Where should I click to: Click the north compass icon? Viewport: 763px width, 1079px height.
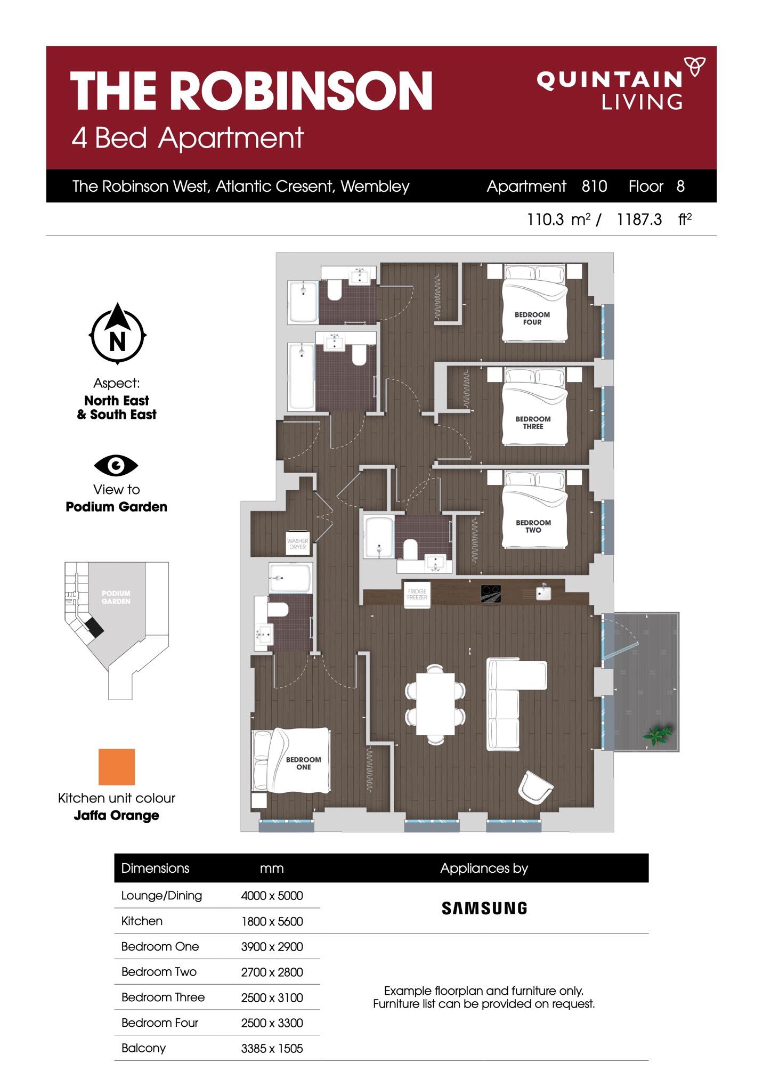click(117, 334)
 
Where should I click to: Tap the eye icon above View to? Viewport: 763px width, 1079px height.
click(116, 466)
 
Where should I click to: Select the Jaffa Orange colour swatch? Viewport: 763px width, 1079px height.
click(117, 767)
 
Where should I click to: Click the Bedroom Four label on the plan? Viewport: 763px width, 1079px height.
click(532, 318)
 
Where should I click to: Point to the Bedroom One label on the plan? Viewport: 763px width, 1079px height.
click(303, 763)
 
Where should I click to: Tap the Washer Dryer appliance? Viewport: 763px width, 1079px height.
click(298, 543)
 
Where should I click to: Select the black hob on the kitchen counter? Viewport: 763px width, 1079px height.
click(491, 594)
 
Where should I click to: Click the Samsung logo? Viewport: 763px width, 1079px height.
click(484, 908)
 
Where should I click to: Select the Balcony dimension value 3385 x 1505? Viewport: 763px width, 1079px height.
click(272, 1048)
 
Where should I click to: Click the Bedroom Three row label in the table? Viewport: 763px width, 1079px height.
click(163, 997)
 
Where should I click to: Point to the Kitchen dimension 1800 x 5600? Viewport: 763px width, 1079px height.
click(272, 921)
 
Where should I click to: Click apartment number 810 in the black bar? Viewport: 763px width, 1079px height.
click(594, 186)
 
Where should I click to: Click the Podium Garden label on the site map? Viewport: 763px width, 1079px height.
click(116, 597)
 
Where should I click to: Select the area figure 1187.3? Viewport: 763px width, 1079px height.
click(639, 219)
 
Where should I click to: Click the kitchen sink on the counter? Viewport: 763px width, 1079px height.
click(543, 592)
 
